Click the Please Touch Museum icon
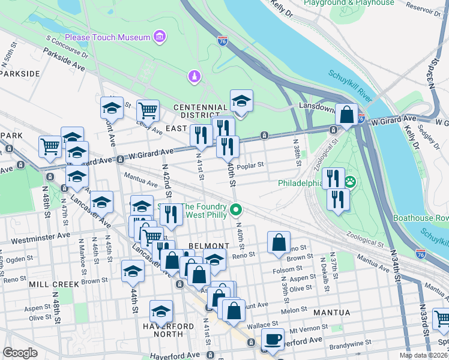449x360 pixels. [160, 38]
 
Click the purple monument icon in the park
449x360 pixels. [194, 77]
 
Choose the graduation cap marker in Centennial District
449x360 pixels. [241, 101]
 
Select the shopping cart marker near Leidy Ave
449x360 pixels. [148, 110]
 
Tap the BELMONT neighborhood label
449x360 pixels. [208, 246]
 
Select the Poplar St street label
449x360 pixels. [250, 165]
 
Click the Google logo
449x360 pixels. [20, 353]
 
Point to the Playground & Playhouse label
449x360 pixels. [349, 3]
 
